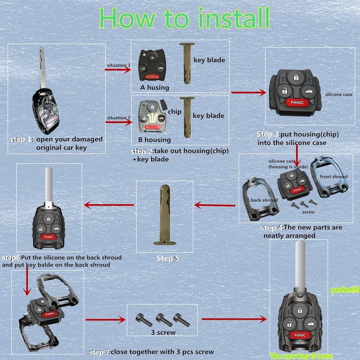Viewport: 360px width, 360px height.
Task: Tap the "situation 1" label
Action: (x=118, y=65)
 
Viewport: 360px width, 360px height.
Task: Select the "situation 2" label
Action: (x=118, y=118)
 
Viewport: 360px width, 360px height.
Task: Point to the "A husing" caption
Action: (x=154, y=87)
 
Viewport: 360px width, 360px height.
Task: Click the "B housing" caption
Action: (x=154, y=140)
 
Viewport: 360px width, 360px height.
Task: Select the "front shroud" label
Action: (x=333, y=176)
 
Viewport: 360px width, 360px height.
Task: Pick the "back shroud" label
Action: (x=264, y=200)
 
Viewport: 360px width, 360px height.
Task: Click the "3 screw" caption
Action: (x=163, y=332)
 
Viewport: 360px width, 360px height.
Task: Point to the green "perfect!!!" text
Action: (x=345, y=290)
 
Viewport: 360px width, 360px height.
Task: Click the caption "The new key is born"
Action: (x=301, y=356)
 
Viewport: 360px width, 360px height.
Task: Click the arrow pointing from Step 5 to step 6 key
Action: (x=109, y=205)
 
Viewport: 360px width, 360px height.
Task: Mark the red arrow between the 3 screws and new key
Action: (x=234, y=319)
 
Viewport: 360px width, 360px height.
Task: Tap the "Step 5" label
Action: (x=167, y=258)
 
